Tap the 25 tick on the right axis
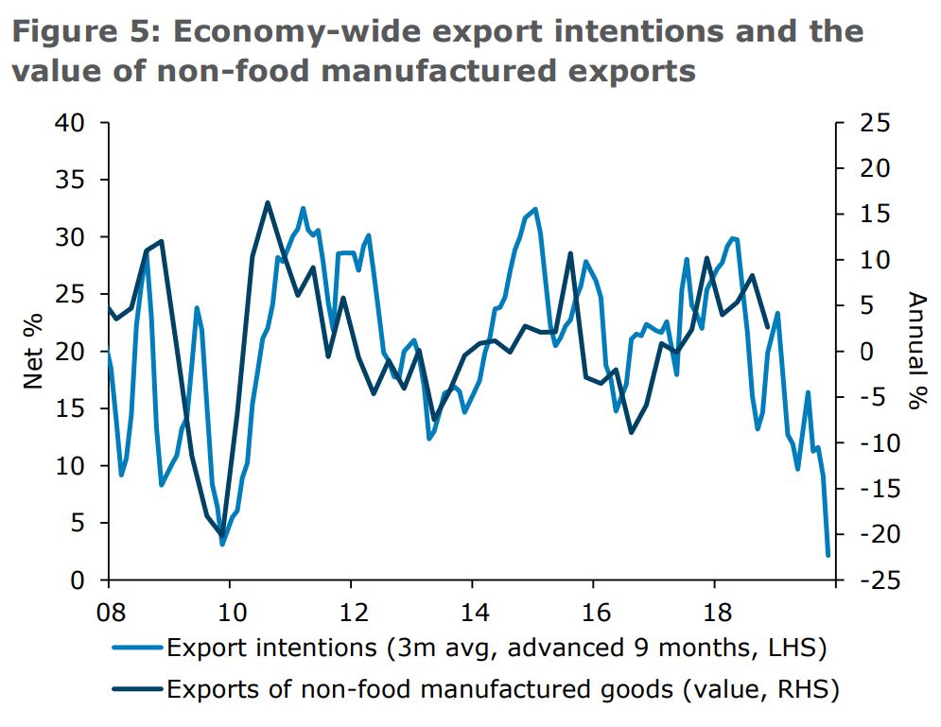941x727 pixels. [870, 123]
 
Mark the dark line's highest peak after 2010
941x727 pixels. [267, 202]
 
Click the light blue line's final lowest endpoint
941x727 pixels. [828, 556]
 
